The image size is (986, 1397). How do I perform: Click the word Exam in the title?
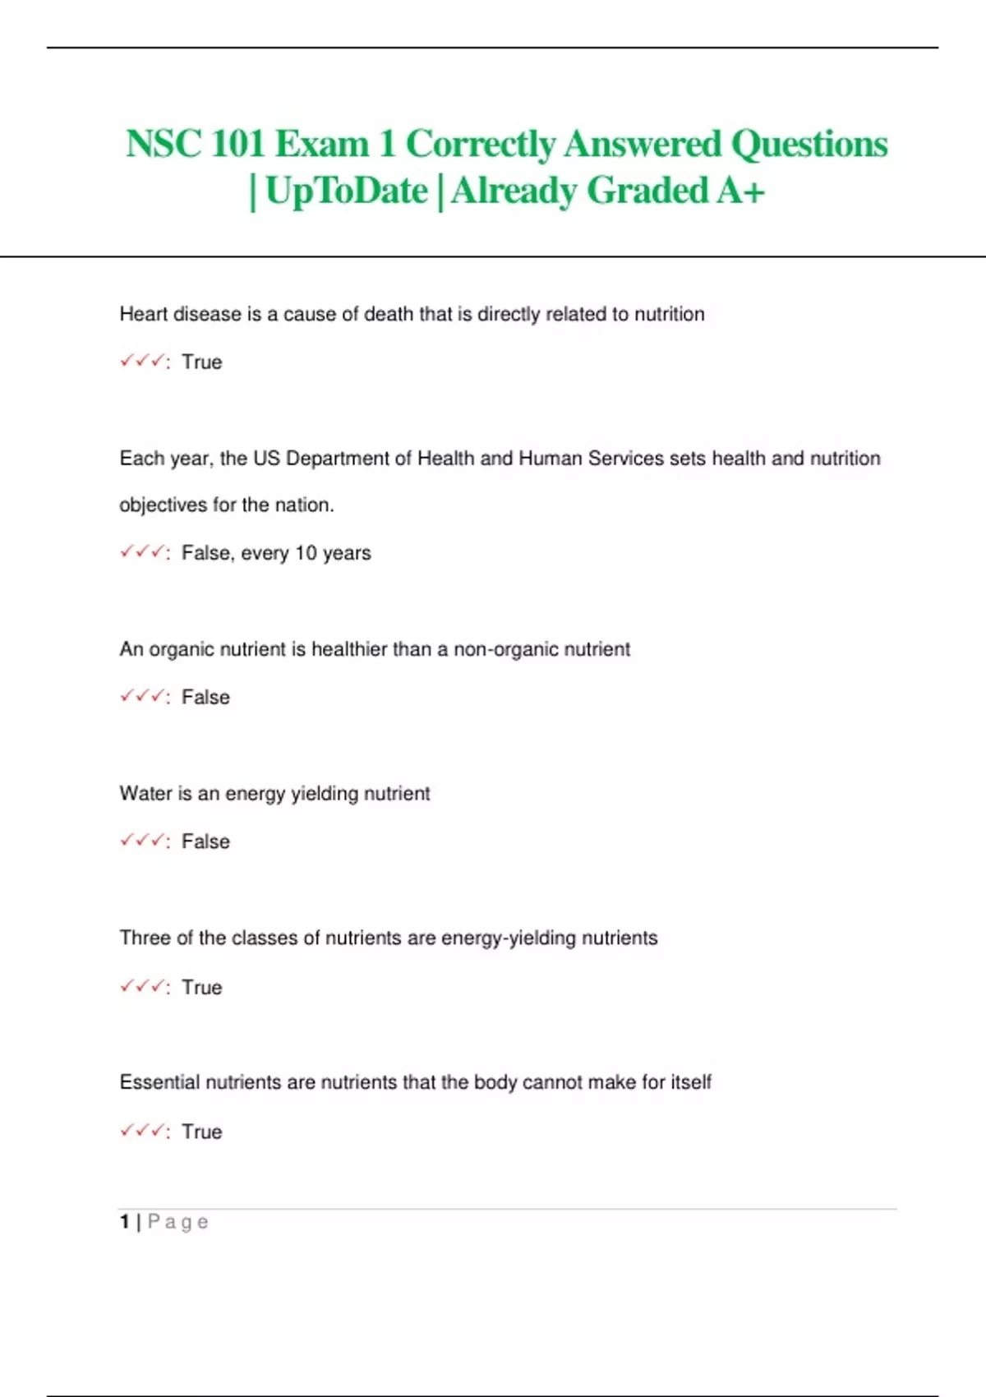pyautogui.click(x=321, y=144)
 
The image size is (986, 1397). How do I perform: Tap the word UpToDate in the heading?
pyautogui.click(x=347, y=191)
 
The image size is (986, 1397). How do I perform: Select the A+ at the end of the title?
pyautogui.click(x=740, y=191)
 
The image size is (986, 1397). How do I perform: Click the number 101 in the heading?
pyautogui.click(x=237, y=144)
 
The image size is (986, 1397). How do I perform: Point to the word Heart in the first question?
pyautogui.click(x=145, y=314)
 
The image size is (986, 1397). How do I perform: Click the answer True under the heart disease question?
pyautogui.click(x=202, y=362)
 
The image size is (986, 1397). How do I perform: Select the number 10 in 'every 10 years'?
pyautogui.click(x=306, y=553)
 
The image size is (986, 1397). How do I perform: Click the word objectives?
pyautogui.click(x=163, y=505)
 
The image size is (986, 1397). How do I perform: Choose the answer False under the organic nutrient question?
pyautogui.click(x=205, y=698)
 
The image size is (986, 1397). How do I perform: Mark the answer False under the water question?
pyautogui.click(x=205, y=841)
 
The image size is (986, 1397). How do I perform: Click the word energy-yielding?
pyautogui.click(x=509, y=938)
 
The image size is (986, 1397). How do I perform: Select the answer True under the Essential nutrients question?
pyautogui.click(x=202, y=1132)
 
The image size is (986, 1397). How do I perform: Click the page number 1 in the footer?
pyautogui.click(x=125, y=1222)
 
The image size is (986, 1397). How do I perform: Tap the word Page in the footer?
pyautogui.click(x=178, y=1223)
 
